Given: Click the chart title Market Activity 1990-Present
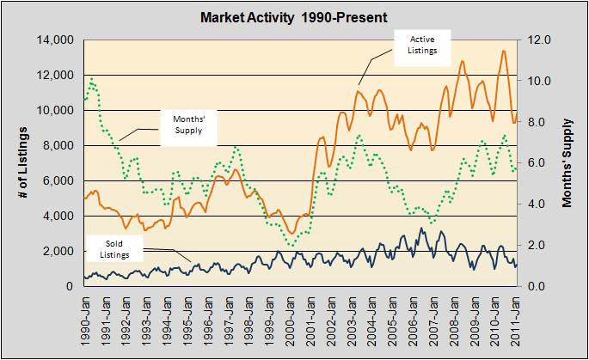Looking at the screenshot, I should coord(295,16).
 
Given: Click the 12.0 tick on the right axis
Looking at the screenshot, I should coord(538,40).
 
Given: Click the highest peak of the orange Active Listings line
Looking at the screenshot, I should coord(503,51).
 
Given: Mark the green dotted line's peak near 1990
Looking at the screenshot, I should coord(91,81).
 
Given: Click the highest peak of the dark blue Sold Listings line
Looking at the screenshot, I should coord(420,229).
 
